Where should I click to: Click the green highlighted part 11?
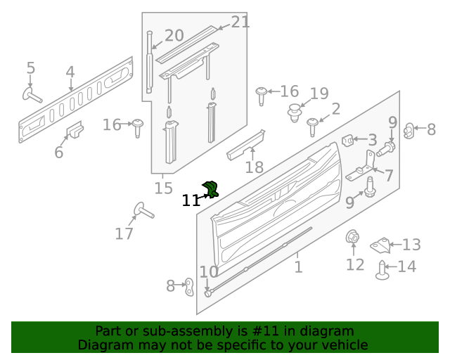pos(211,189)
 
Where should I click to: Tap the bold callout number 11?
pos(191,200)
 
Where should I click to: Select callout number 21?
pos(240,22)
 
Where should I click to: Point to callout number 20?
pos(174,36)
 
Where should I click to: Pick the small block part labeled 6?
pos(75,129)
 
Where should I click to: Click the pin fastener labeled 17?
pos(143,210)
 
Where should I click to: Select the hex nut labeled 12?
pos(352,236)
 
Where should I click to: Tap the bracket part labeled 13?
pos(381,245)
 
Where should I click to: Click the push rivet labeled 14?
pos(382,270)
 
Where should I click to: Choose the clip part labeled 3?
pos(347,141)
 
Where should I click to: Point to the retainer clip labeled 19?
pos(295,112)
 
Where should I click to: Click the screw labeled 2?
pos(312,127)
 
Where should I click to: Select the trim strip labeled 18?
pos(245,146)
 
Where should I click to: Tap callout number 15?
pos(164,188)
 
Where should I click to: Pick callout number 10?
pos(209,271)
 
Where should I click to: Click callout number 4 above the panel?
pos(70,72)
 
